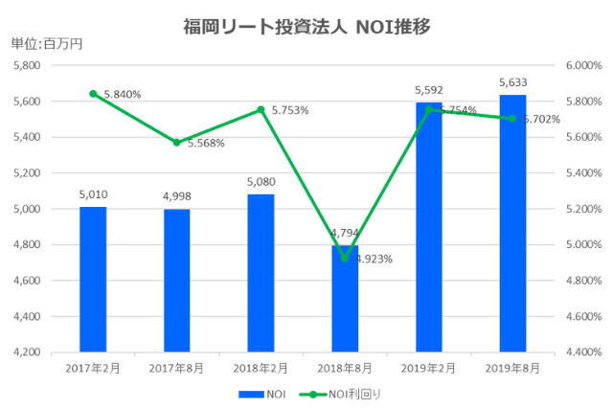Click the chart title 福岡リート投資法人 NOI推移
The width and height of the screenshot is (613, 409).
(306, 26)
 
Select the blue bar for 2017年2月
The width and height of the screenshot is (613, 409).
(93, 279)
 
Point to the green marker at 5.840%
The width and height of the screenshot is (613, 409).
(93, 94)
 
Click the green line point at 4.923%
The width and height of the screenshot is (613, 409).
(345, 258)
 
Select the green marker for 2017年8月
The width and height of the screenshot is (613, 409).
(177, 143)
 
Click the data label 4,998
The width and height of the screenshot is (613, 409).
(177, 197)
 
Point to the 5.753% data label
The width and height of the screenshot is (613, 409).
(290, 110)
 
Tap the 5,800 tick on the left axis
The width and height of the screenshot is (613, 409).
(25, 65)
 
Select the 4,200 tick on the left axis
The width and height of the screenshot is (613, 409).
(25, 352)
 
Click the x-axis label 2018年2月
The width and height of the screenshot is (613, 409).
(261, 367)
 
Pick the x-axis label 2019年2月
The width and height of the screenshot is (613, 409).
(428, 367)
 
